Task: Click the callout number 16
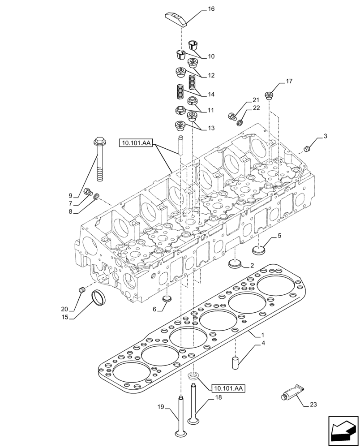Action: tap(211, 9)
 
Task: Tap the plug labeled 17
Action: tap(269, 95)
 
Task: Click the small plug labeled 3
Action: tap(307, 148)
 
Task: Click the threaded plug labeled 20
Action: tap(82, 290)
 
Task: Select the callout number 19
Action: tap(160, 407)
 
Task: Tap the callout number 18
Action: tap(218, 397)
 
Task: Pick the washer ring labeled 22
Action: tap(241, 122)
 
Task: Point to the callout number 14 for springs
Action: tap(211, 95)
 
